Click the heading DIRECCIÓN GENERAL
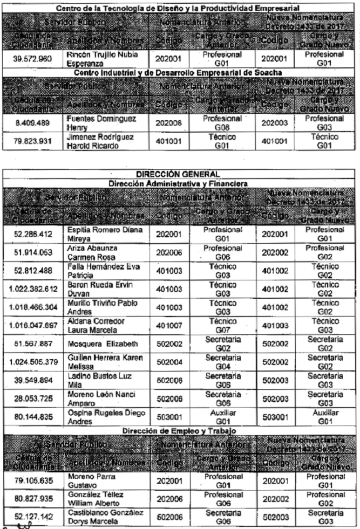[179, 174]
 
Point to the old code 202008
[169, 121]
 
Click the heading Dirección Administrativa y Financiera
[179, 183]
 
